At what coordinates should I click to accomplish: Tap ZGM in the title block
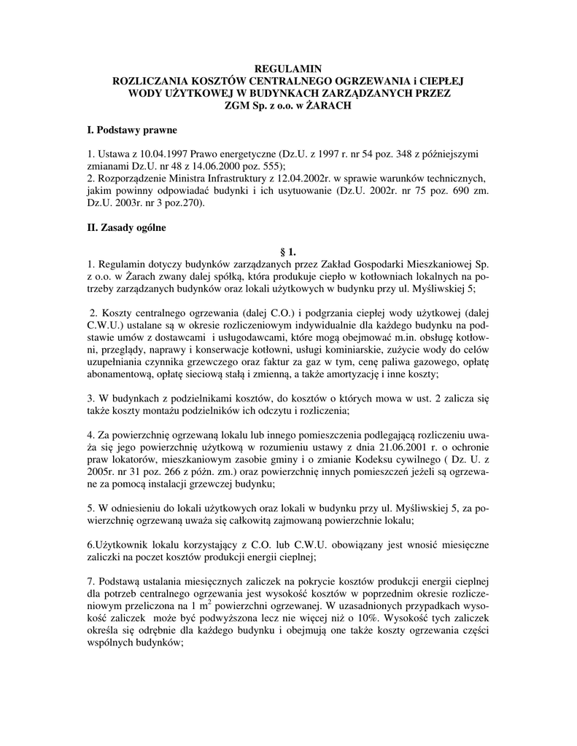pos(236,106)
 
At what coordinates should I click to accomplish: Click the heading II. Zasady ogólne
pos(127,228)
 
